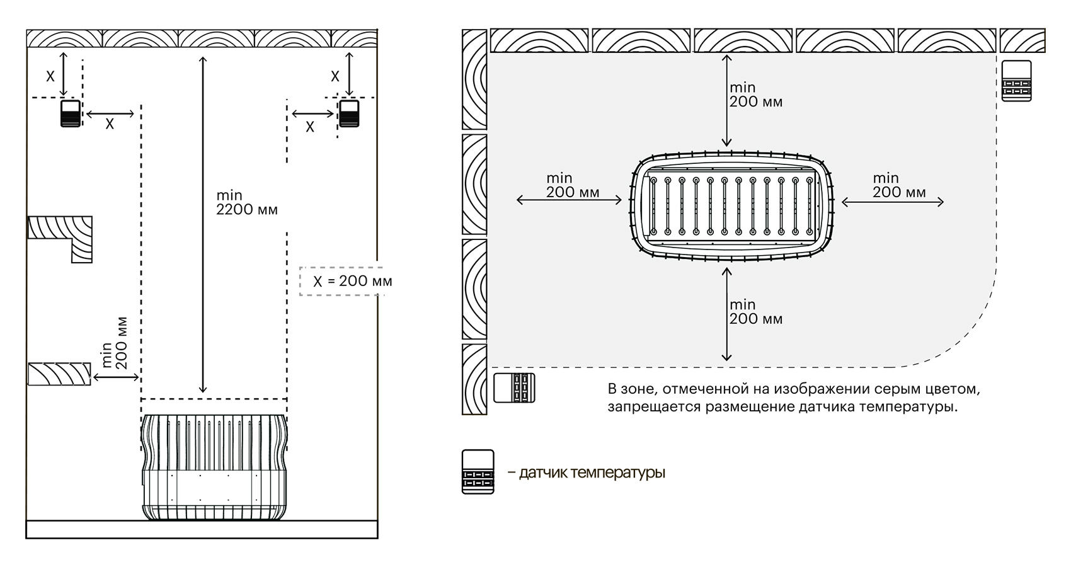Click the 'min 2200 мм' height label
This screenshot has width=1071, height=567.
coord(246,202)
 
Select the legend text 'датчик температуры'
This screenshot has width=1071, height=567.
coord(592,472)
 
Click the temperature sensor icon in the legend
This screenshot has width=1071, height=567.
coord(478,471)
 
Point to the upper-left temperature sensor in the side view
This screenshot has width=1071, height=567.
coord(71,113)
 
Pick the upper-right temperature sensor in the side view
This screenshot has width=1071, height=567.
coord(349,113)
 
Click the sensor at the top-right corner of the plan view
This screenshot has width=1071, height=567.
coord(1016,81)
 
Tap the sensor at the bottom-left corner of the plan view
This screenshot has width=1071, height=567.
coord(514,387)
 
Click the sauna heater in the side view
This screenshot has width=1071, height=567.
coord(214,467)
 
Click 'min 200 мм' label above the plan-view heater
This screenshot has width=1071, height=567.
coord(755,94)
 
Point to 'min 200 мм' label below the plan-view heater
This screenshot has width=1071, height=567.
coord(755,312)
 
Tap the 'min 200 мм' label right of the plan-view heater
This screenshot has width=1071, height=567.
coord(898,186)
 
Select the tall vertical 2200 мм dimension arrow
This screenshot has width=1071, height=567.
coord(202,224)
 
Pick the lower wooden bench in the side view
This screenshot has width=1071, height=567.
coord(59,373)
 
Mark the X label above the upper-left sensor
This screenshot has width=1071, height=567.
coord(51,76)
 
